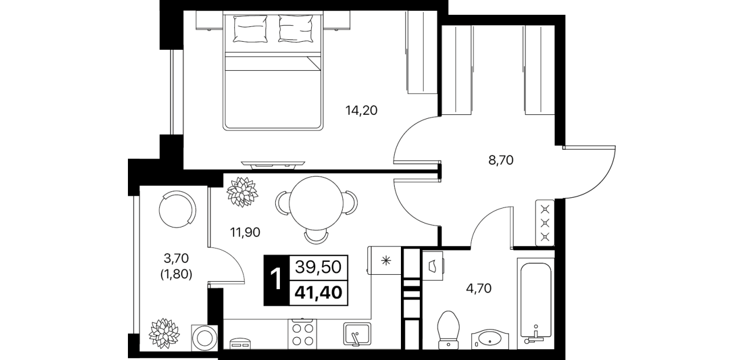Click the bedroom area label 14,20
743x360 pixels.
tap(361, 110)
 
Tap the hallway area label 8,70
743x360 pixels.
tap(501, 161)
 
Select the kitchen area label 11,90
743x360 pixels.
tap(245, 233)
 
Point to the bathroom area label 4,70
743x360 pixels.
tap(479, 289)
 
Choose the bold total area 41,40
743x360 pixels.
tap(318, 293)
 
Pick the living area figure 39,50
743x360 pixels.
tap(318, 267)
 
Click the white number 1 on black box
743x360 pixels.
tap(276, 280)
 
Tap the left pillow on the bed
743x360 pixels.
tap(251, 29)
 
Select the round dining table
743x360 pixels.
tap(316, 203)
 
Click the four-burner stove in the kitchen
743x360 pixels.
tap(303, 334)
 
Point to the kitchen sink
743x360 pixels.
tap(357, 334)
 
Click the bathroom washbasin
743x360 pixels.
tap(490, 339)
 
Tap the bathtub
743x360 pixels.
tap(536, 303)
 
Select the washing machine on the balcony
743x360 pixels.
tap(204, 337)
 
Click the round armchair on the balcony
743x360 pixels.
tap(177, 209)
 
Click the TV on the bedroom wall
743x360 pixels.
tap(273, 165)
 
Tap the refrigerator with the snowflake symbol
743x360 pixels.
tap(385, 261)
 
